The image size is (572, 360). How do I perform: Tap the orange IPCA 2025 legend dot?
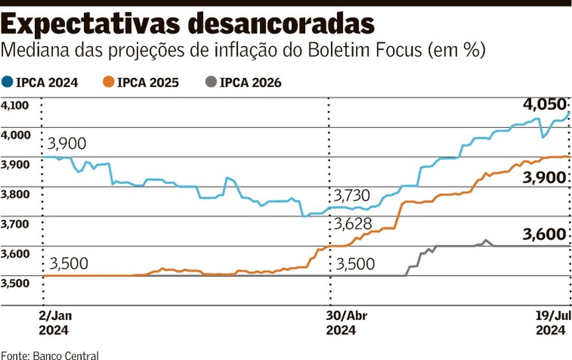108,83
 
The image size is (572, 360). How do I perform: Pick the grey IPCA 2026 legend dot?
210,83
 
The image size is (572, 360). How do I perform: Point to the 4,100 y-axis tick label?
15,105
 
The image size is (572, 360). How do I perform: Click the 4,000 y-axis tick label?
15,135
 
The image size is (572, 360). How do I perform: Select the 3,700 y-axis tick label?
15,224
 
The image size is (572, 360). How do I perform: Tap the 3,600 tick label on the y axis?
15,254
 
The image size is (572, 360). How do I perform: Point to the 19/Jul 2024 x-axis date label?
550,323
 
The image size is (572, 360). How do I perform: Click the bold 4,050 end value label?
544,105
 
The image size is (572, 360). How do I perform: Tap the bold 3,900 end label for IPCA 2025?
544,178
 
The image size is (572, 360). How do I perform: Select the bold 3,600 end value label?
544,234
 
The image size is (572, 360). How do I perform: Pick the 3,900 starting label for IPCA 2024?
67,144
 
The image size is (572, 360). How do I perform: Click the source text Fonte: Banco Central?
50,355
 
